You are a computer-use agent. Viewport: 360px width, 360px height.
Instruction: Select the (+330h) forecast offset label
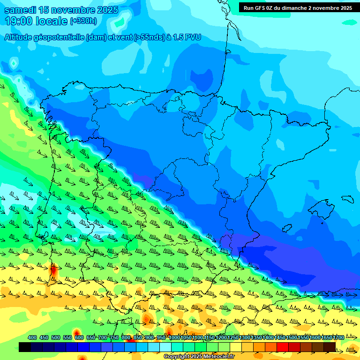tap(83, 21)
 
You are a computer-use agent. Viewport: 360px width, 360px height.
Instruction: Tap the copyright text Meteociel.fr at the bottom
tap(216, 357)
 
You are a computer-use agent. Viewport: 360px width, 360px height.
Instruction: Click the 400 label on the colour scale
tap(32, 338)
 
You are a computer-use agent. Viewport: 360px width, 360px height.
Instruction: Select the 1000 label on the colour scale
tap(174, 338)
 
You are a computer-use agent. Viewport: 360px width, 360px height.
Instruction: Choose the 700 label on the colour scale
tap(103, 338)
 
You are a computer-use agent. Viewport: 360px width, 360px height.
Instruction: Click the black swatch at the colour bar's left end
tap(25, 347)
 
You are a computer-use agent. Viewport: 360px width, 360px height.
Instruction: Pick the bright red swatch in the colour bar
tap(283, 347)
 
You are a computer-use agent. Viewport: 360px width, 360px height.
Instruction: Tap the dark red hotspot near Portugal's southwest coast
tap(53, 270)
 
